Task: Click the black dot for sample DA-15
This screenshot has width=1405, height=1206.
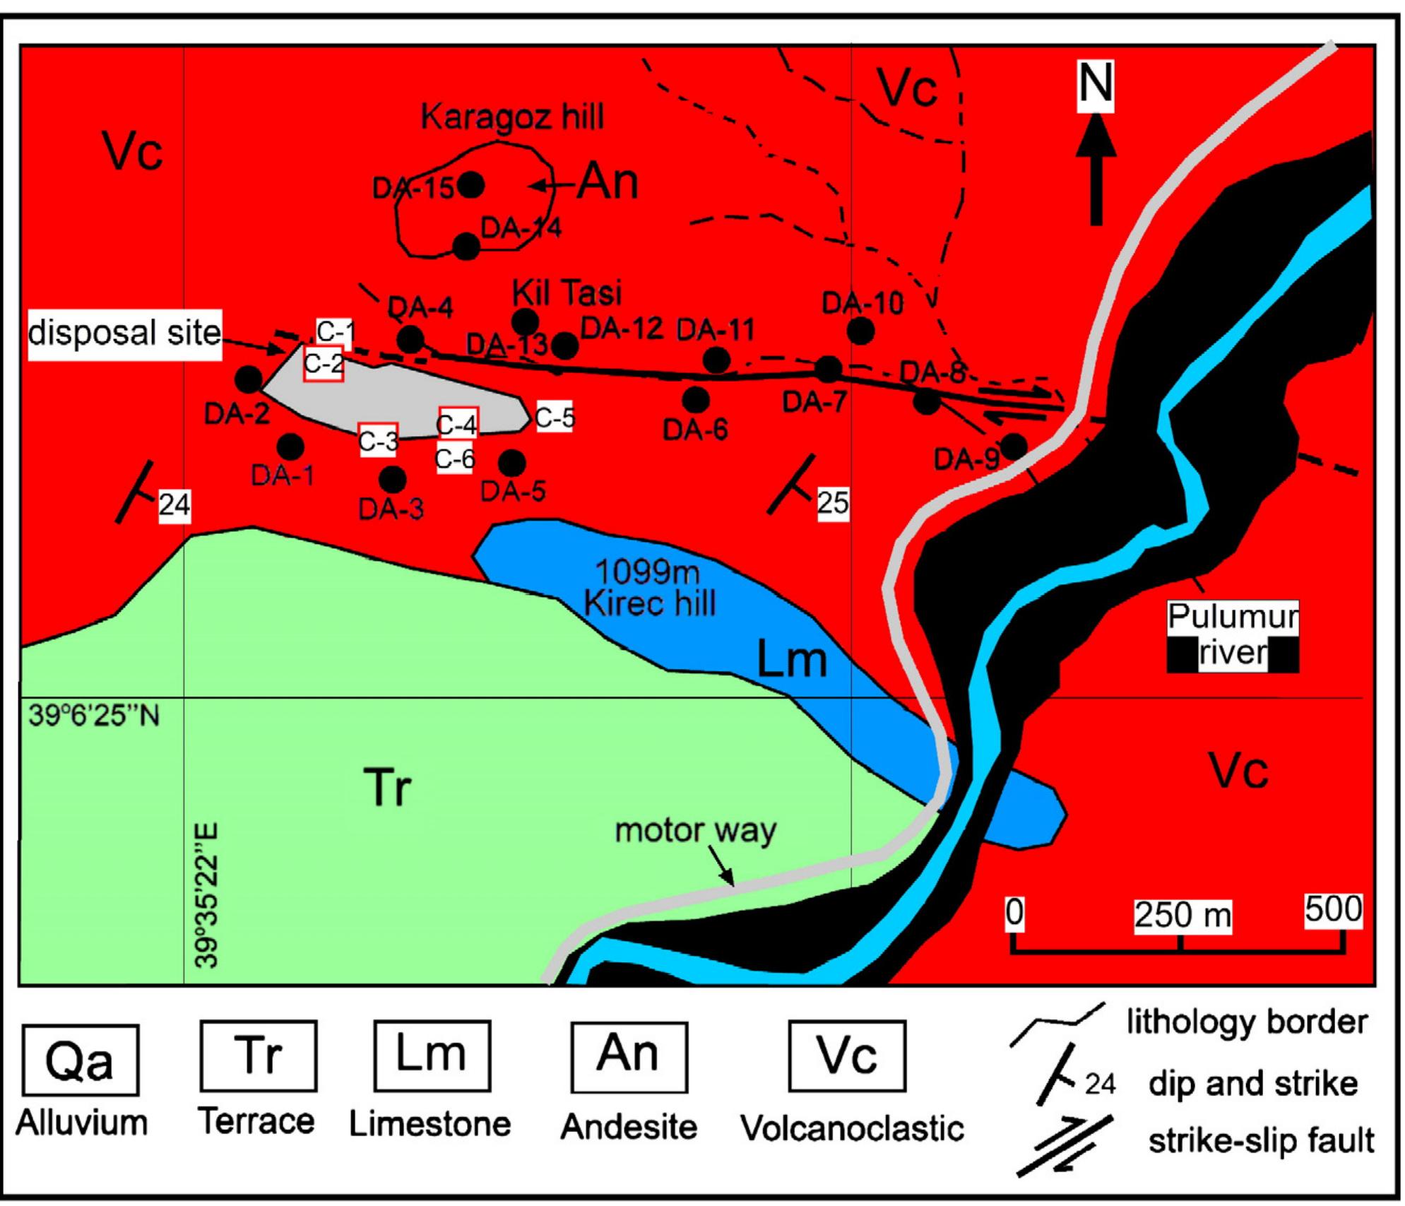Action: click(471, 185)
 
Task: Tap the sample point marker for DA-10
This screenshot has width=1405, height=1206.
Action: click(860, 330)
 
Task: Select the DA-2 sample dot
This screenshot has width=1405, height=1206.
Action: click(248, 379)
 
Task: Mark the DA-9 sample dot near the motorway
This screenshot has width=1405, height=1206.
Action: click(1014, 446)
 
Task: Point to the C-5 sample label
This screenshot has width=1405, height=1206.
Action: click(555, 418)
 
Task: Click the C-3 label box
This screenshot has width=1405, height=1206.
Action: click(379, 440)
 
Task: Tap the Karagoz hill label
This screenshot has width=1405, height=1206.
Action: click(512, 117)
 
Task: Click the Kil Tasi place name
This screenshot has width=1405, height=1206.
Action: click(567, 292)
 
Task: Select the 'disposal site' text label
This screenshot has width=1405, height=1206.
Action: click(125, 333)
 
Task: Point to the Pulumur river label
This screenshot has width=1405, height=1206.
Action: click(1233, 634)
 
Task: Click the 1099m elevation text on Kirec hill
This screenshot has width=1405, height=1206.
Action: click(647, 571)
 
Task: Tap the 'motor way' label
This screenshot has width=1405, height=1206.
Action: click(695, 831)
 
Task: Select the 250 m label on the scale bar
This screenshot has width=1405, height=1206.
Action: click(1182, 916)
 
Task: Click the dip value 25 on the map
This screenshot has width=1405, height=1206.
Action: click(833, 502)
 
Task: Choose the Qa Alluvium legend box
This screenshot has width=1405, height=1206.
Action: click(81, 1060)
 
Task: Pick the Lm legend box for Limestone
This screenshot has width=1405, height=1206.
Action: click(432, 1056)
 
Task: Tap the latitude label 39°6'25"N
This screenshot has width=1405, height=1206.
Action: click(94, 716)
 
